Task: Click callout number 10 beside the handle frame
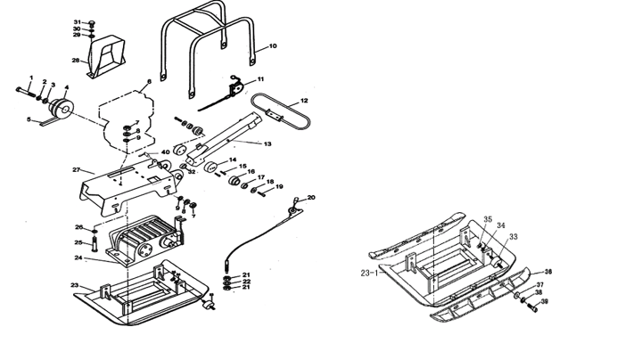click(x=273, y=45)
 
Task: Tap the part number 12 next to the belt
click(x=304, y=101)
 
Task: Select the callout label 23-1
click(x=369, y=272)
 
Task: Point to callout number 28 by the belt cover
click(x=76, y=61)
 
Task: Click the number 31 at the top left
click(x=78, y=20)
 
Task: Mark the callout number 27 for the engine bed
click(x=77, y=169)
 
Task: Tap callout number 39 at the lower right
click(x=545, y=302)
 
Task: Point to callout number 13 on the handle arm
click(x=267, y=143)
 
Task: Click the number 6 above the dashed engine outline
click(x=148, y=82)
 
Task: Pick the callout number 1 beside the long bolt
click(x=31, y=78)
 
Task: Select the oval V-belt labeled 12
click(x=280, y=115)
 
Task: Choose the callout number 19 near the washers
click(x=279, y=187)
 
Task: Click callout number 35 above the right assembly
click(x=488, y=218)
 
